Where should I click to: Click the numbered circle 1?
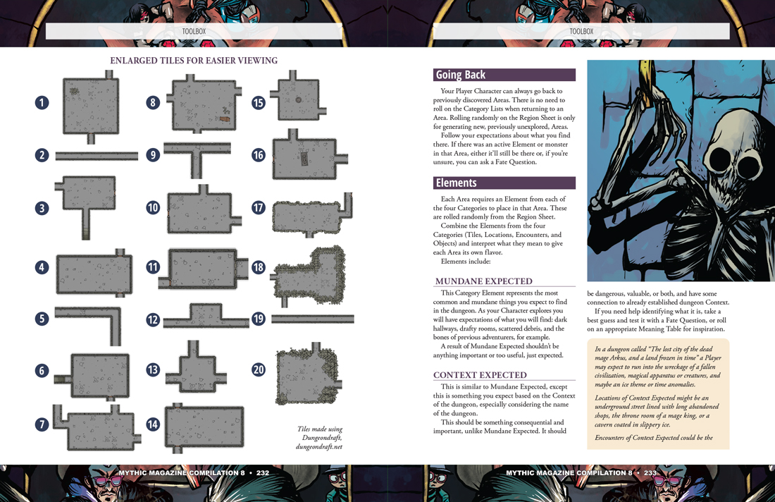[x=42, y=103]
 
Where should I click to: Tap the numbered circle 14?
[x=153, y=424]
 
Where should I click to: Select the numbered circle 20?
[x=259, y=369]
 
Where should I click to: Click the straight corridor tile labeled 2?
[x=97, y=156]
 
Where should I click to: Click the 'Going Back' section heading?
[x=461, y=75]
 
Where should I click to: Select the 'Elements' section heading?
[x=457, y=183]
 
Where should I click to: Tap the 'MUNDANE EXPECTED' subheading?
[x=483, y=281]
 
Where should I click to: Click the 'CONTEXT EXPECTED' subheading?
[x=480, y=375]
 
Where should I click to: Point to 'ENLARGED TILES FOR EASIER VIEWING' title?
[x=194, y=61]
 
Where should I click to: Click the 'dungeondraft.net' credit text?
[x=319, y=446]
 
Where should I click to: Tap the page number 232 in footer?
[x=263, y=473]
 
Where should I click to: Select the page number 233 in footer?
[x=650, y=473]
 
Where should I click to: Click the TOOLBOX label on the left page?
[x=194, y=31]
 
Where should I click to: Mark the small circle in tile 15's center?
[x=299, y=100]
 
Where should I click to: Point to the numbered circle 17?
[x=259, y=208]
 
